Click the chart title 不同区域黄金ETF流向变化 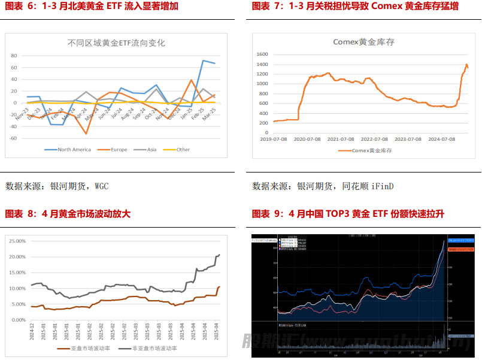click(x=116, y=43)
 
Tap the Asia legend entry click(x=150, y=150)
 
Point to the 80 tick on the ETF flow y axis click(x=13, y=55)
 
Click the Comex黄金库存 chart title click(x=363, y=42)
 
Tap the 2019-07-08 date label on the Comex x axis click(x=274, y=139)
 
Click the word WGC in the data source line click(x=101, y=186)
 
